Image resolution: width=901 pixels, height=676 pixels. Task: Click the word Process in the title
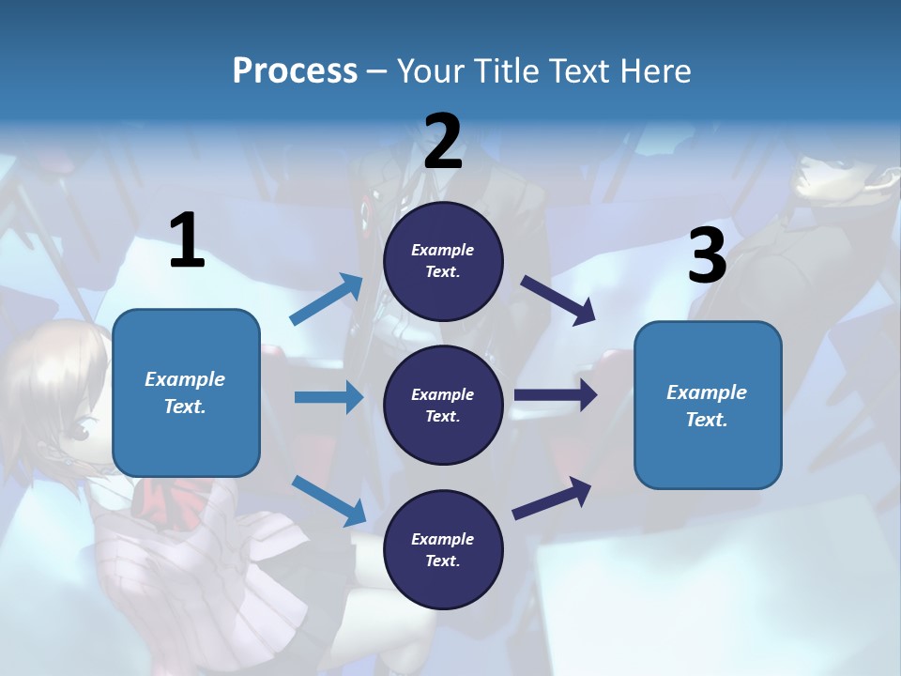295,70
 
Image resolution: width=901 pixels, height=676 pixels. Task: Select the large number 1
187,241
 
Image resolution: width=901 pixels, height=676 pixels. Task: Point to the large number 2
443,142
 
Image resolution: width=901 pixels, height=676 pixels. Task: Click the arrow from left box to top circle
328,299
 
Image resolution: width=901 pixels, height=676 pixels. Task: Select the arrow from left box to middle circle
328,397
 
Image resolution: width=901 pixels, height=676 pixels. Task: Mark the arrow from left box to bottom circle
329,499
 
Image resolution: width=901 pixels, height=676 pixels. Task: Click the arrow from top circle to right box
557,300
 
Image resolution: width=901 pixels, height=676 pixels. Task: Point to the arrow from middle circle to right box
556,395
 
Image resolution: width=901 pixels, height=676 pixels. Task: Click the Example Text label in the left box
185,392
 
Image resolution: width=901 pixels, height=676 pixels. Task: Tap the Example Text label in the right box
707,406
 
